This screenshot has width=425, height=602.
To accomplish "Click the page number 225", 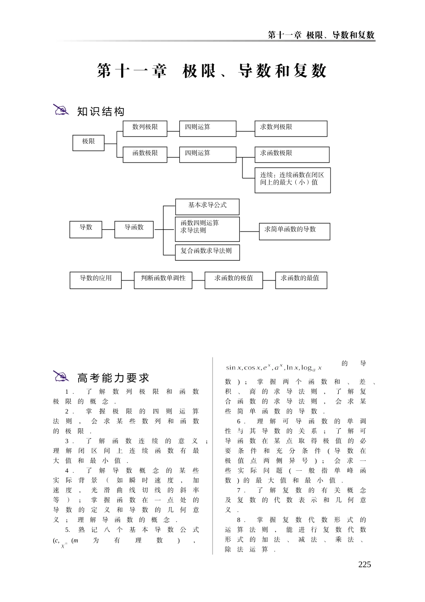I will [365, 564].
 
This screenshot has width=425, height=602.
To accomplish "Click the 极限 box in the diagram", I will [89, 142].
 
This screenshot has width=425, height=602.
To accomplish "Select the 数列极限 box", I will [145, 128].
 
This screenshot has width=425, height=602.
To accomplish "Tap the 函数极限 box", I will [145, 154].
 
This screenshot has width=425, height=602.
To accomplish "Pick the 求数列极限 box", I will [291, 129].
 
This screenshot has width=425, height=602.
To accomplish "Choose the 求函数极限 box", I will [292, 155].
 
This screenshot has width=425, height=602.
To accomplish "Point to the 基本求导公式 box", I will [207, 206].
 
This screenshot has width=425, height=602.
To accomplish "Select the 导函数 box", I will [134, 229].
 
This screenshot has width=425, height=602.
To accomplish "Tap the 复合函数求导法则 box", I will [207, 252].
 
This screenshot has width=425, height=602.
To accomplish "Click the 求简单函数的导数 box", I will [294, 231].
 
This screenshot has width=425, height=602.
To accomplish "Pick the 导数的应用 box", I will [96, 280].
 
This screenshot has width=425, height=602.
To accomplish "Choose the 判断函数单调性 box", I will [163, 280].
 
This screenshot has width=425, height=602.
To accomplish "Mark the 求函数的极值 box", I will [234, 280].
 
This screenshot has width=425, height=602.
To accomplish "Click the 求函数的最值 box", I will [301, 280].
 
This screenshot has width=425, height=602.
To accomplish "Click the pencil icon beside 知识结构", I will [61, 110].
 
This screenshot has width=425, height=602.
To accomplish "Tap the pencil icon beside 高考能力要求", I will [61, 377].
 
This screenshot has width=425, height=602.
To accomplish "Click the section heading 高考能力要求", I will [113, 378].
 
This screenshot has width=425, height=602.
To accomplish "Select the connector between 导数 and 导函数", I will [108, 229].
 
